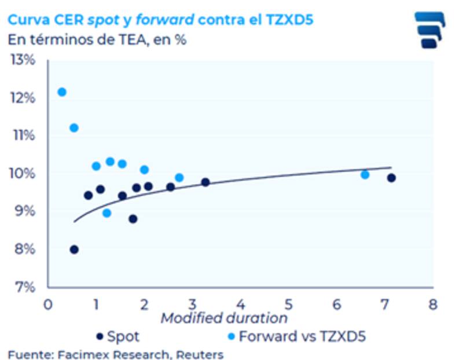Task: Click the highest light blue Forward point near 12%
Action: pyautogui.click(x=62, y=92)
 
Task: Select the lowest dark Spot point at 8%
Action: pyautogui.click(x=74, y=249)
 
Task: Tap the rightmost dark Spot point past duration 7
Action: pyautogui.click(x=391, y=178)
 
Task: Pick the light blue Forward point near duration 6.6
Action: pyautogui.click(x=365, y=174)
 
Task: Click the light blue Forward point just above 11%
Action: pyautogui.click(x=74, y=128)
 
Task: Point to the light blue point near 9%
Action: pyautogui.click(x=106, y=213)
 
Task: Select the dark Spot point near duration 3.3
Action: pyautogui.click(x=205, y=182)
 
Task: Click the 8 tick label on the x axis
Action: pyautogui.click(x=431, y=303)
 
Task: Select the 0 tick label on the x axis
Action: pyautogui.click(x=48, y=303)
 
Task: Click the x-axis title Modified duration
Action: pyautogui.click(x=224, y=318)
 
